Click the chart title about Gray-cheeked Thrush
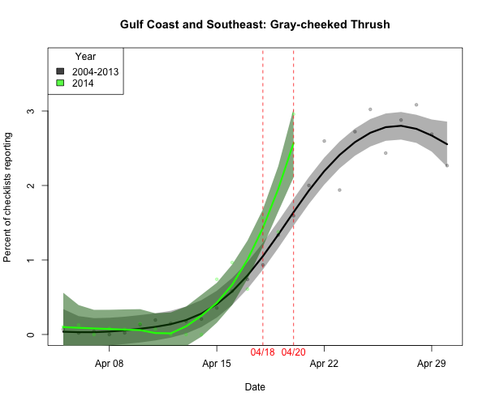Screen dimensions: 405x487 tap(255, 25)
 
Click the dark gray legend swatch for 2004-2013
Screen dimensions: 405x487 tap(60, 71)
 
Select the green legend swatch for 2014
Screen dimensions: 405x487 tap(60, 83)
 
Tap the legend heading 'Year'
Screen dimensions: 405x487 tap(85, 57)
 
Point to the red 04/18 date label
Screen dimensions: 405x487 tap(263, 353)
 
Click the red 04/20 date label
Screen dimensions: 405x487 tap(293, 353)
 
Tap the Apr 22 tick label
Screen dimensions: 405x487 tap(324, 364)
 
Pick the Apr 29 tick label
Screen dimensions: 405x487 tap(432, 364)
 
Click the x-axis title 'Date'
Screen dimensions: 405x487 tap(255, 388)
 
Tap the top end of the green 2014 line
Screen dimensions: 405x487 tap(293, 143)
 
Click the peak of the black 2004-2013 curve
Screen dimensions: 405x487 tap(401, 126)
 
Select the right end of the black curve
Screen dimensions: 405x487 tap(447, 144)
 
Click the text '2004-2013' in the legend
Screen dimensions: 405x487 tap(96, 71)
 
